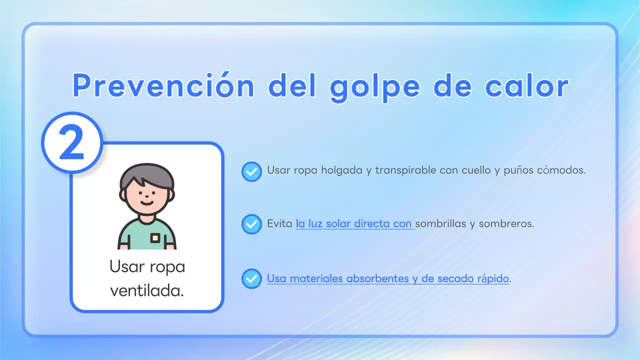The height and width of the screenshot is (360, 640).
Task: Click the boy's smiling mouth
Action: (146, 203)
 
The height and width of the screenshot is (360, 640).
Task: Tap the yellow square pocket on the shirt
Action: (155, 238)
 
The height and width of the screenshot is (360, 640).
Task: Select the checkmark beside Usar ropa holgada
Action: (251, 171)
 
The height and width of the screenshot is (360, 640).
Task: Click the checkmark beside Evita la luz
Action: (251, 224)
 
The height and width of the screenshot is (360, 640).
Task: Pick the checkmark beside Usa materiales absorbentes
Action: (251, 278)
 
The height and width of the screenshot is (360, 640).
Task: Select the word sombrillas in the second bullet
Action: (440, 223)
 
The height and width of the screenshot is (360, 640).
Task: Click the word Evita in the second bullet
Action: (279, 223)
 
